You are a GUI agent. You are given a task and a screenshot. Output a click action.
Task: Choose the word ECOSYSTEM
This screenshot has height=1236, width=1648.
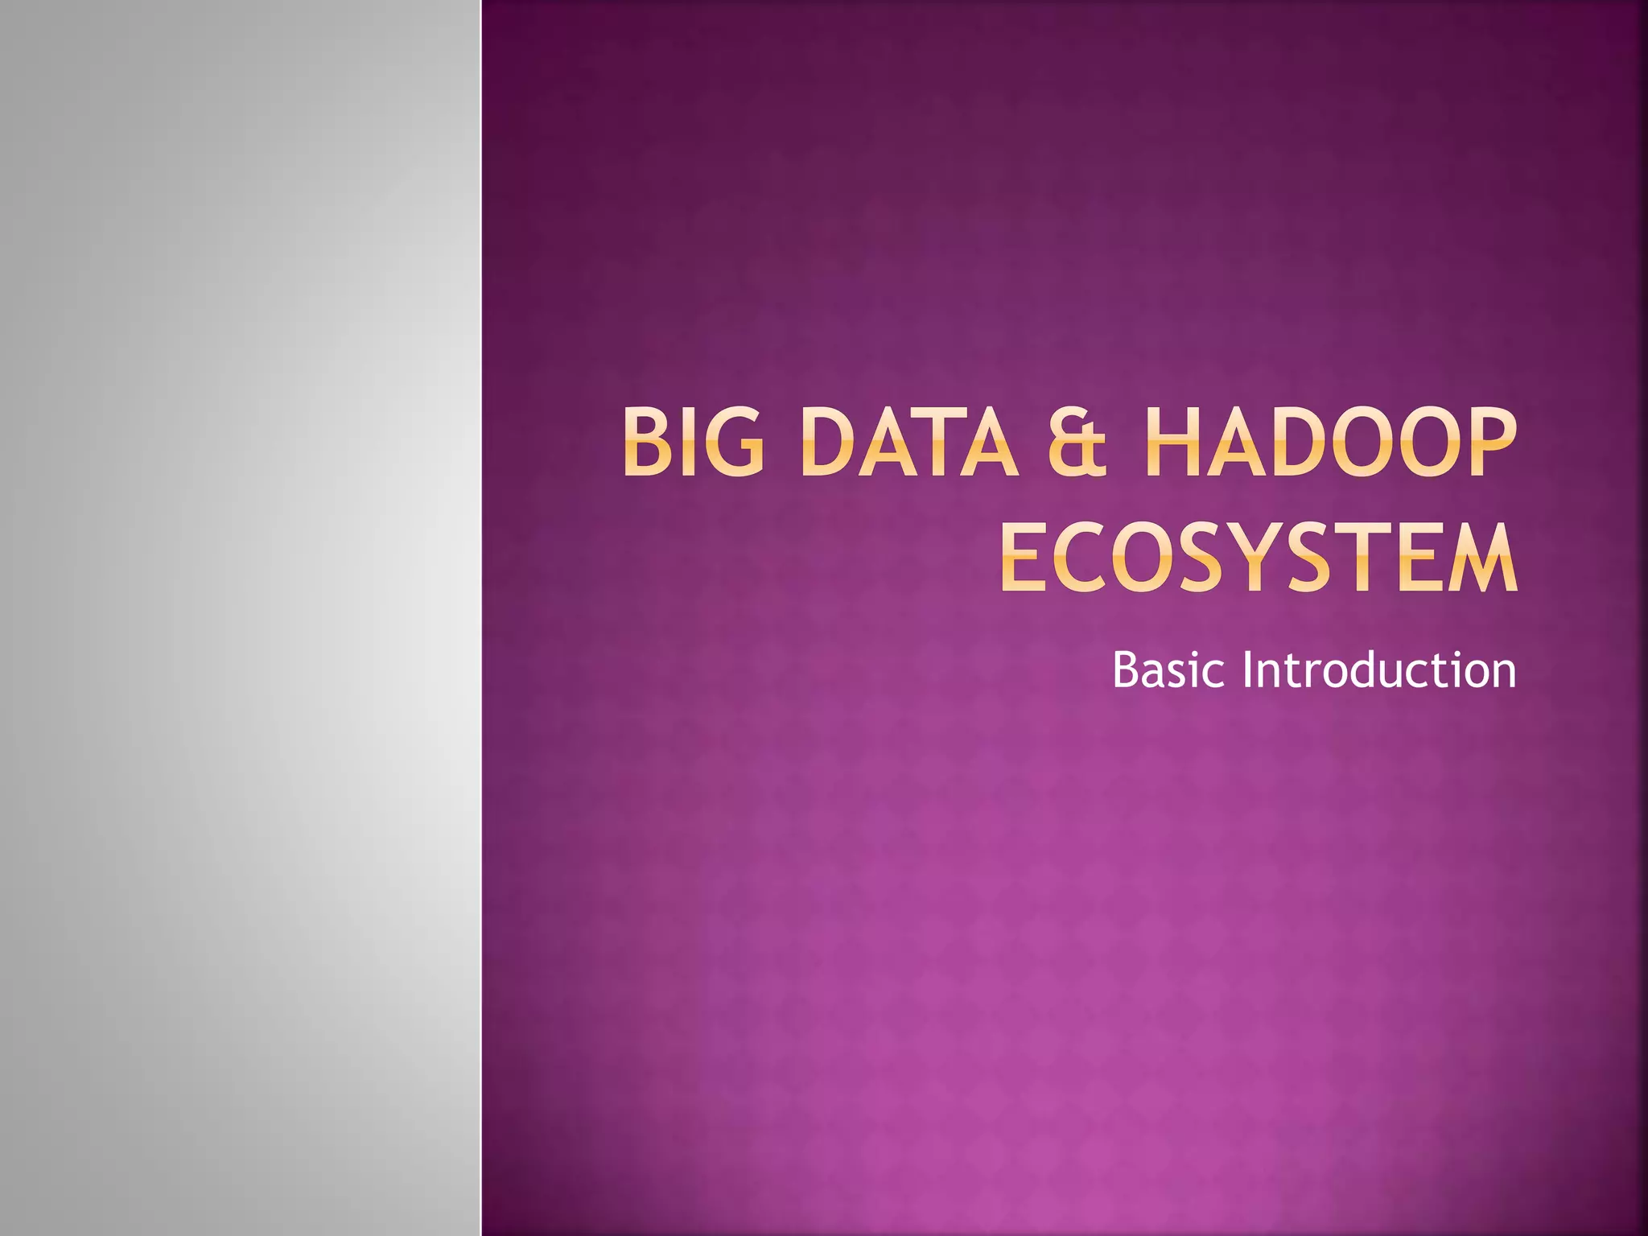click(1259, 558)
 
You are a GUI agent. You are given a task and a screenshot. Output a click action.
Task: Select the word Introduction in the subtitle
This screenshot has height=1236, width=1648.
click(1378, 669)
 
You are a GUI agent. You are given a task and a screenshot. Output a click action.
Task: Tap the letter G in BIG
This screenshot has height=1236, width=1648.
click(732, 443)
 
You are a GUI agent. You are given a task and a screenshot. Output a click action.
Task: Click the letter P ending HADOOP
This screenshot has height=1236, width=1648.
click(1490, 443)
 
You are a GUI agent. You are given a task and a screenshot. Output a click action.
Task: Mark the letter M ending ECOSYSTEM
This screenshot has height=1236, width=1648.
click(1482, 558)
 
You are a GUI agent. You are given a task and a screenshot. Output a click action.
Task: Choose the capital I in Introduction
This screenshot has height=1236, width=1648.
click(1247, 669)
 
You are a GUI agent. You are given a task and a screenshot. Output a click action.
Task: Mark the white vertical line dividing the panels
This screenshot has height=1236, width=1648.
click(481, 618)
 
